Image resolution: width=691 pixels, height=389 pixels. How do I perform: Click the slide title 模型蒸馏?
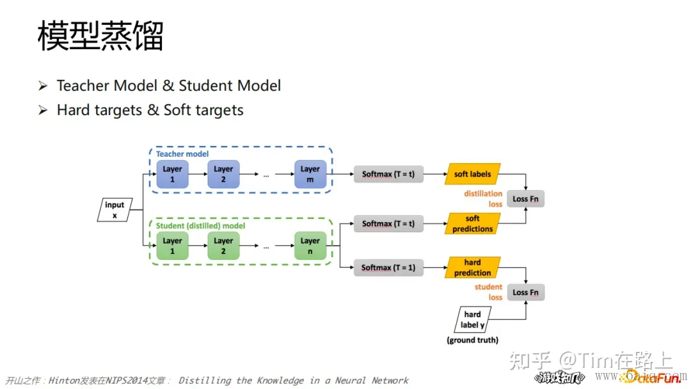point(100,36)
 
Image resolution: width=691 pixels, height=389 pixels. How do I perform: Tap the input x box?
point(115,210)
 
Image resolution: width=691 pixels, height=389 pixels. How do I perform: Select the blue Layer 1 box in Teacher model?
point(172,174)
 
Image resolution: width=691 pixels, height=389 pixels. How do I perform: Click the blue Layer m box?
point(310,174)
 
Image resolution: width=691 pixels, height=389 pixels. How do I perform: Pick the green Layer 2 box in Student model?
point(223,246)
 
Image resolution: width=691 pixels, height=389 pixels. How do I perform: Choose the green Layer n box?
point(310,246)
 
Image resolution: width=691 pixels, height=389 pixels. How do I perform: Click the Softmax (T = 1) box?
point(388,267)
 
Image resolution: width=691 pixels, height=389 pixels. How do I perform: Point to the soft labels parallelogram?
point(472,174)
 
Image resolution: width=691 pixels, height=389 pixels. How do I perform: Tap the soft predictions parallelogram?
point(472,224)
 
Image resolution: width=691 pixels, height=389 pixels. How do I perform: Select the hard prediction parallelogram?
point(472,267)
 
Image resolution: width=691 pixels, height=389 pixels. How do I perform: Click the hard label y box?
point(472,319)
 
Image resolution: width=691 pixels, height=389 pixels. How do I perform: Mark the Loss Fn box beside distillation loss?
point(525,199)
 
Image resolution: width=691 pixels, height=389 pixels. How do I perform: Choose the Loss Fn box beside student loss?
point(525,292)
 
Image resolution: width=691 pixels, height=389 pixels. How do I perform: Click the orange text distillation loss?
point(483,199)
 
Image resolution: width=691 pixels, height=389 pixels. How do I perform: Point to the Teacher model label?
point(182,154)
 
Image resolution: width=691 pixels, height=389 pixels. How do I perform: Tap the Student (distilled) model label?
point(200,226)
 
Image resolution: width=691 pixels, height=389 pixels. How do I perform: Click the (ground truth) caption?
point(472,340)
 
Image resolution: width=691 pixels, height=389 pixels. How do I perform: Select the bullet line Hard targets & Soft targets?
point(150,110)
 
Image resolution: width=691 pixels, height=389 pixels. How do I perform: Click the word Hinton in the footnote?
point(64,381)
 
